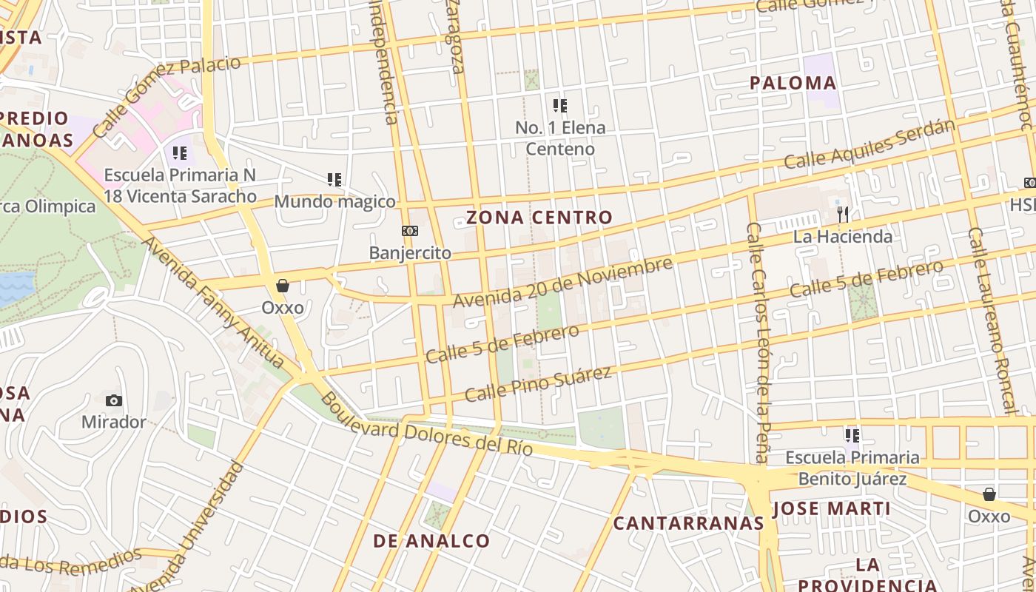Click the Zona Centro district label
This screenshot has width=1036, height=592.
click(x=539, y=218)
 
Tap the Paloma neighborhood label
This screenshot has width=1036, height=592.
click(x=793, y=83)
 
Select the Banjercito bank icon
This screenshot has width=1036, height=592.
click(x=409, y=232)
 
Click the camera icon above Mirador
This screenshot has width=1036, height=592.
click(x=113, y=400)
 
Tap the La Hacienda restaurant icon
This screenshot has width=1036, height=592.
click(x=842, y=215)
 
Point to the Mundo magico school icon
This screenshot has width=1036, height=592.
click(x=334, y=179)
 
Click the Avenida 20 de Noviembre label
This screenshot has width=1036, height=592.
click(x=562, y=283)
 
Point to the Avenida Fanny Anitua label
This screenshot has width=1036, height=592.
click(x=212, y=303)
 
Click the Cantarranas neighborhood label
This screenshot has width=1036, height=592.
click(x=688, y=523)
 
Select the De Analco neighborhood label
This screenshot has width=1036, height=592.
click(x=431, y=541)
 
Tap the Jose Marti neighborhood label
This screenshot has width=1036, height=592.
click(x=831, y=509)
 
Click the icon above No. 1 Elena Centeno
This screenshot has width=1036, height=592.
click(x=560, y=106)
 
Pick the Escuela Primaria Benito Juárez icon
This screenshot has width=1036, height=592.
click(x=852, y=436)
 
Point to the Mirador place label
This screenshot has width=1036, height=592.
click(x=113, y=422)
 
